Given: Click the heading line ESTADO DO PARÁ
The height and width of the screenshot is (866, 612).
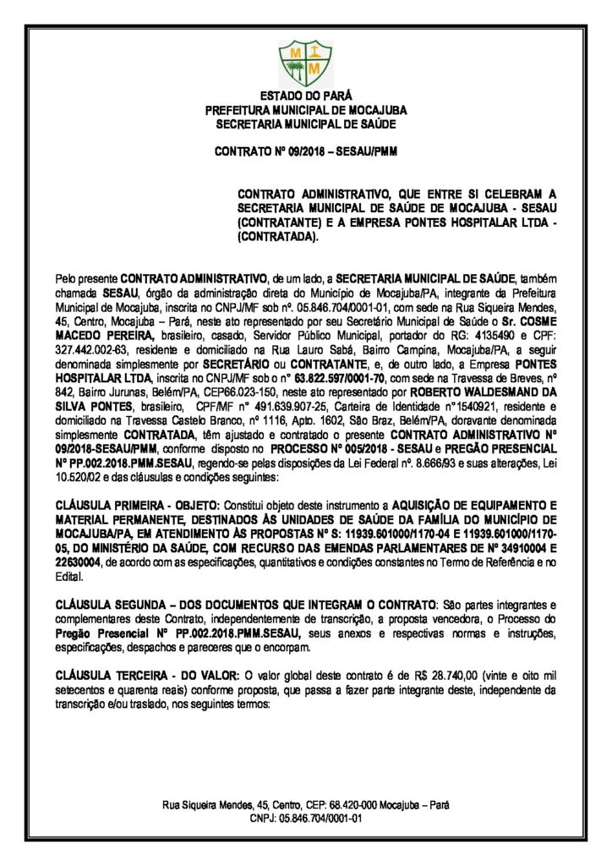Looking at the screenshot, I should (x=305, y=96).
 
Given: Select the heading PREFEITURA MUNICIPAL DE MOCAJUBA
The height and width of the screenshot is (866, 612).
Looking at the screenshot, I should (x=305, y=110).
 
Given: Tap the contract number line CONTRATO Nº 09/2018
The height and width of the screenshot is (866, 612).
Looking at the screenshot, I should (x=305, y=152).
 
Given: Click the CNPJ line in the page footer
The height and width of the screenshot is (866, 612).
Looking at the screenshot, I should (x=305, y=819).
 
